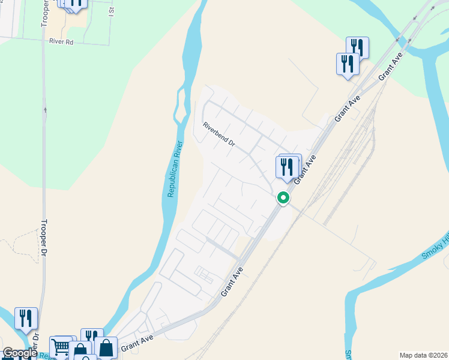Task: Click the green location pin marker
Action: click(283, 197)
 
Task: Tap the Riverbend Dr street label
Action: click(218, 136)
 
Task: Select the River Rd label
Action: click(61, 43)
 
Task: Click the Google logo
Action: click(19, 353)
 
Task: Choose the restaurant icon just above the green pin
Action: click(287, 166)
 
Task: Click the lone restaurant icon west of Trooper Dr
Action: click(26, 317)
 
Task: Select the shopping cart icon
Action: click(61, 347)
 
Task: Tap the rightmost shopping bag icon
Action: click(106, 348)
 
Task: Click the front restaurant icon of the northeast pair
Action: click(348, 64)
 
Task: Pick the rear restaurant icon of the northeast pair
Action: click(358, 46)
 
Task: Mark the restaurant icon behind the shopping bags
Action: click(92, 336)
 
